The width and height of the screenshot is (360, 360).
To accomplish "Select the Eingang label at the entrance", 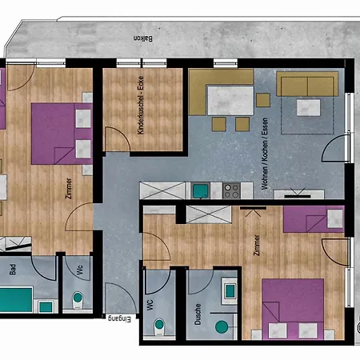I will click(x=118, y=319).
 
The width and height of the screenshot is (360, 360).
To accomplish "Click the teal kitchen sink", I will click(x=199, y=190).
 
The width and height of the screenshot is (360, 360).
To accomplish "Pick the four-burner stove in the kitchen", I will click(x=231, y=190).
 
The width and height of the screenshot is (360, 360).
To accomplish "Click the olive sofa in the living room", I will click(x=307, y=85).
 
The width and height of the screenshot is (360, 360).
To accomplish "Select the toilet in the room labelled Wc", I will click(x=78, y=298).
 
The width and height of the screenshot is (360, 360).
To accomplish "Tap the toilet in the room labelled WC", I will click(x=158, y=326).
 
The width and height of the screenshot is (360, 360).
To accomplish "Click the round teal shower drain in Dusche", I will click(x=222, y=326).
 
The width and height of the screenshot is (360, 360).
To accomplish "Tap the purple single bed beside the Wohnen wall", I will click(x=313, y=218).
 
